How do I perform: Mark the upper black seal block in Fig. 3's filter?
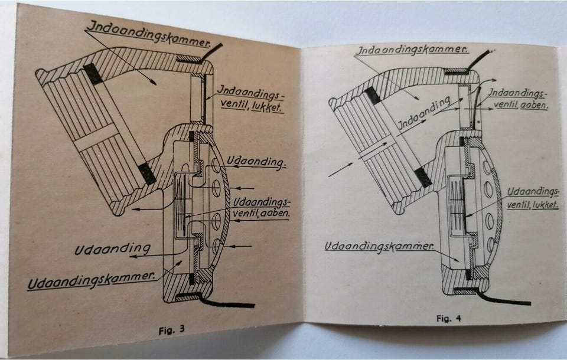pyautogui.click(x=93, y=73)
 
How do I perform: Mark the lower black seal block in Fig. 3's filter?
pyautogui.click(x=146, y=172)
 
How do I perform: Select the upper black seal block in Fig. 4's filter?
pyautogui.click(x=372, y=96)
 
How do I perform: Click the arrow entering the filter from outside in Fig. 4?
pyautogui.click(x=339, y=169)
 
